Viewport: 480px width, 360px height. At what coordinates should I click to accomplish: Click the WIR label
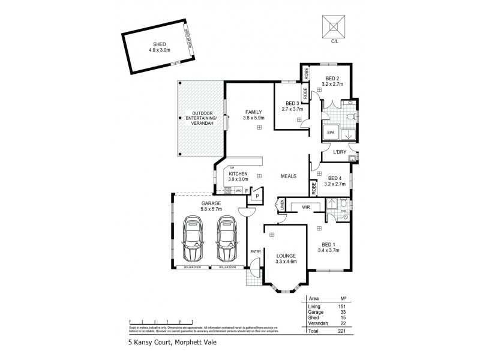[x=305, y=207]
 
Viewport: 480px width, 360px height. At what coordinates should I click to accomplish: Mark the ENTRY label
[x=256, y=251]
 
